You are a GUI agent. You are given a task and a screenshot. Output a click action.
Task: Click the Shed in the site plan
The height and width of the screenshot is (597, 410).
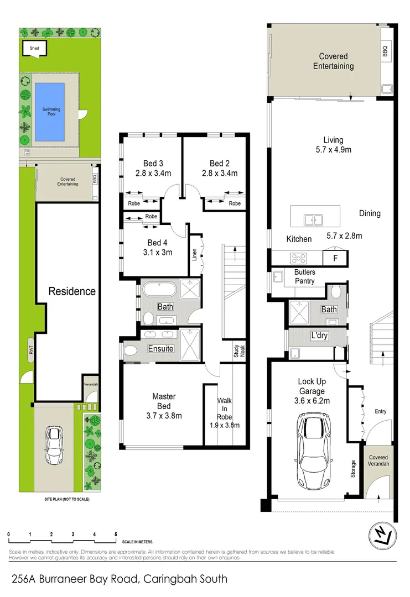34,49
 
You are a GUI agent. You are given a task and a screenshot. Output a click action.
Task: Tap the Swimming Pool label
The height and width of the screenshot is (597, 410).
51,112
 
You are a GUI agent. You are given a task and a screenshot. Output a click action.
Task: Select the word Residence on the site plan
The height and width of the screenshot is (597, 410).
71,291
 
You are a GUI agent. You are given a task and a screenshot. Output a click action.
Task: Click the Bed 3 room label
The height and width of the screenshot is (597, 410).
153,163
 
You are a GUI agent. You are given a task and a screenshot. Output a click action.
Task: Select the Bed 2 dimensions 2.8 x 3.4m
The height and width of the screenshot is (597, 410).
220,173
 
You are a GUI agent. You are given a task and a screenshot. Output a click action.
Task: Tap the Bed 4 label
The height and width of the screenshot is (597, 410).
158,243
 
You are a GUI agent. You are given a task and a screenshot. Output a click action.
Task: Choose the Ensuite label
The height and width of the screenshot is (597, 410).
161,349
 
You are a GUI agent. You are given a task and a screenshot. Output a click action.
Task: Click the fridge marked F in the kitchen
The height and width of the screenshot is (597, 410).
335,258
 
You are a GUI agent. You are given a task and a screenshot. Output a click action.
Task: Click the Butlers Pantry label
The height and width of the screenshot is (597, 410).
304,277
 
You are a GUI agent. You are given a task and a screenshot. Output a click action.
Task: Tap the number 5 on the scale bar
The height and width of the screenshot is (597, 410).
116,535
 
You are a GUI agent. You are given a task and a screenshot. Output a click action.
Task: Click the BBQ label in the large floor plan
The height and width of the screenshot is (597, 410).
385,51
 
